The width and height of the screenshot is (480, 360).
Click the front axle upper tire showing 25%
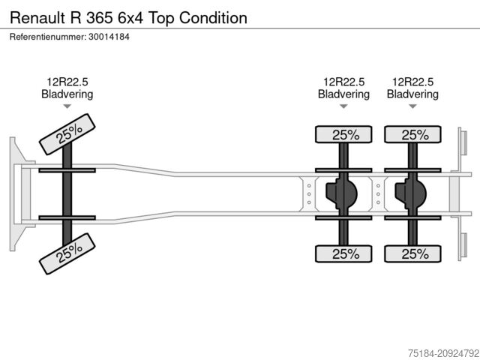(x=67, y=133)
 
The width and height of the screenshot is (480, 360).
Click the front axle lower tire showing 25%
(x=67, y=253)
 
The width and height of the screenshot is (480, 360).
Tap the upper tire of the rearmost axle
(x=413, y=135)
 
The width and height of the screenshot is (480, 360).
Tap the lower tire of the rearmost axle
(x=413, y=253)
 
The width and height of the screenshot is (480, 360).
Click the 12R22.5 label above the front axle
(x=67, y=82)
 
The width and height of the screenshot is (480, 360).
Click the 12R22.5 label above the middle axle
(x=343, y=82)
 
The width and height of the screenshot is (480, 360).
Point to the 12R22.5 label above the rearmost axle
(x=412, y=82)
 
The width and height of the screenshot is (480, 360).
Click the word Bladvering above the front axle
(x=67, y=94)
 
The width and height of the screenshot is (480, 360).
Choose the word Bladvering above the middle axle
(x=343, y=94)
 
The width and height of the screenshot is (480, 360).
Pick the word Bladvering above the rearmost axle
(x=412, y=94)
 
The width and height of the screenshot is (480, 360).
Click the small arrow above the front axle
(x=67, y=106)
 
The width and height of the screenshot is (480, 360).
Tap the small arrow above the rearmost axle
(x=412, y=106)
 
